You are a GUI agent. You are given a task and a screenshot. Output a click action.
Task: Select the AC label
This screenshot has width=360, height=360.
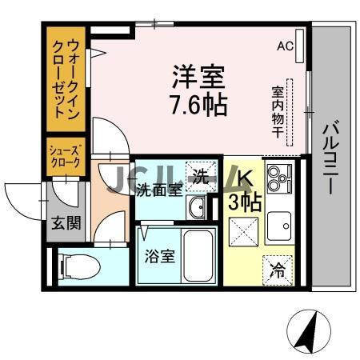[x=285, y=46]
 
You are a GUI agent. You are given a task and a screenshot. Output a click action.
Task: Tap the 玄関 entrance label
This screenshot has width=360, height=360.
[x=67, y=223]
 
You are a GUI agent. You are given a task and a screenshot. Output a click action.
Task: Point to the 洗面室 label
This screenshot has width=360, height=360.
[x=158, y=190]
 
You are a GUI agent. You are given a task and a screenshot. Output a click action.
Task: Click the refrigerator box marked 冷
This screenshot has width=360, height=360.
[x=277, y=269]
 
